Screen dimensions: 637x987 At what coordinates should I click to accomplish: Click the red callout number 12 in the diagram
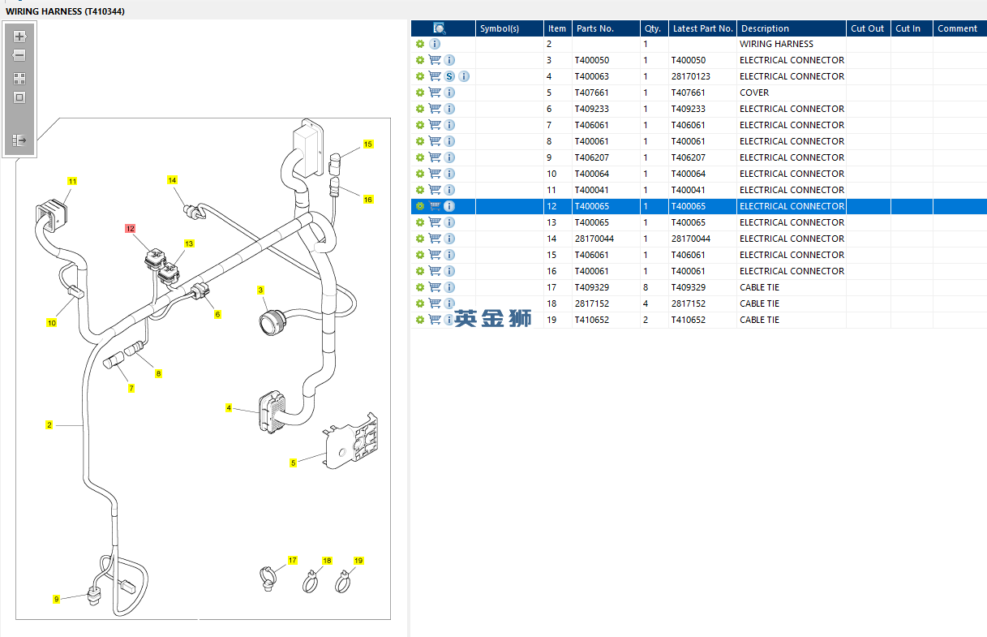(130, 229)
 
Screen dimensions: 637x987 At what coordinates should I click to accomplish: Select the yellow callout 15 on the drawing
(368, 144)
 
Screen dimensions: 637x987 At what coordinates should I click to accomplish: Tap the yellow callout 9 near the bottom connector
(56, 599)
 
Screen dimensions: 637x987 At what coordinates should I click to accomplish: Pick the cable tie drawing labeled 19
(344, 580)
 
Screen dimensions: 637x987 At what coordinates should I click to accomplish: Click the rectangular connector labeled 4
(269, 413)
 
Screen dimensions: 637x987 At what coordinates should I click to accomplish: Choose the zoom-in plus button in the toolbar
(19, 37)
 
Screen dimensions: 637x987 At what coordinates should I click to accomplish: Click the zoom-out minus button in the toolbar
(19, 55)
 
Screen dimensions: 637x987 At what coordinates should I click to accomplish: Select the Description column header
(765, 28)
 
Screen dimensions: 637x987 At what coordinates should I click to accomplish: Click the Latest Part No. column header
(702, 28)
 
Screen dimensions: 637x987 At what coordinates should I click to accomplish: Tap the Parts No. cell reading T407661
(591, 93)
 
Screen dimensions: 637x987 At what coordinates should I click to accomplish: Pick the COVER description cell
(754, 93)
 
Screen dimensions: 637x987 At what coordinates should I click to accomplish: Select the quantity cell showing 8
(646, 287)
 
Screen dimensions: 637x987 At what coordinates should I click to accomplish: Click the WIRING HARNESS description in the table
(776, 44)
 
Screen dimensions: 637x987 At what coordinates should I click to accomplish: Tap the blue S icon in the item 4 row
(449, 76)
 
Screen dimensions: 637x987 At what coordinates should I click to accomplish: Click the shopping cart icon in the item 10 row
(435, 174)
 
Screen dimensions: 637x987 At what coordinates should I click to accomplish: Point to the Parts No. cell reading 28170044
(594, 239)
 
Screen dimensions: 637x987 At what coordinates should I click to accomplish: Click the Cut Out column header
(867, 28)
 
